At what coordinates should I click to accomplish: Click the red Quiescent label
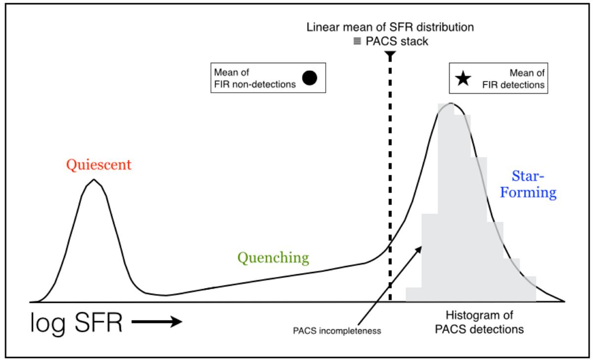[99, 165]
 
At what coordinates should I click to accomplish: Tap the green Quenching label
[273, 258]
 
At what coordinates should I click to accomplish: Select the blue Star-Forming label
[528, 184]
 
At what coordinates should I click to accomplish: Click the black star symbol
[463, 79]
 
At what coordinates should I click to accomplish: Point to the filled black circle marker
[309, 78]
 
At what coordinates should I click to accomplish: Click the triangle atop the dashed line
[390, 54]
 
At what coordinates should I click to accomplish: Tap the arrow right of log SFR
[157, 321]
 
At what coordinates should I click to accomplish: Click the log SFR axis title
[77, 323]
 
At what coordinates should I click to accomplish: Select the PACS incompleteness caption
[337, 331]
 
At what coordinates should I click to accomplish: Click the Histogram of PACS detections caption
[479, 322]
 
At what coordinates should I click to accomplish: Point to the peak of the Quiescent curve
[94, 180]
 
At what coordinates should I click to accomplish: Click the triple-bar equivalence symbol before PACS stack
[357, 41]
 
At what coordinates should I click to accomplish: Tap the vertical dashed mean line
[390, 177]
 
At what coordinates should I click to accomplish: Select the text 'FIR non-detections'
[254, 84]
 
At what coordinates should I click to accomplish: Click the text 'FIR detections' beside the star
[513, 85]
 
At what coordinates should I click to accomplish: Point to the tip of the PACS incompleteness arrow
[422, 247]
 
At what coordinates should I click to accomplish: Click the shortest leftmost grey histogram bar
[414, 294]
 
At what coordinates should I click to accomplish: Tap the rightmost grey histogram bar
[528, 289]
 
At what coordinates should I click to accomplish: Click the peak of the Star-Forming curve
[451, 103]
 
